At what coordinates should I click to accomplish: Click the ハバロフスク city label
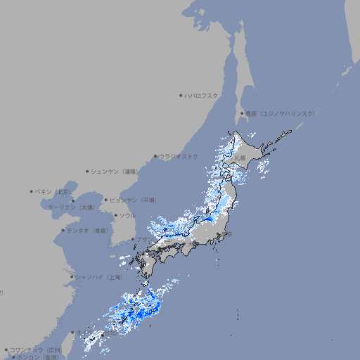(x=202, y=95)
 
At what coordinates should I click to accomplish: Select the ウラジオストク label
(x=179, y=156)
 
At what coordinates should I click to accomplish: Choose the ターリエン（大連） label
(x=71, y=207)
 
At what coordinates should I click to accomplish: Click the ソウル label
(x=128, y=215)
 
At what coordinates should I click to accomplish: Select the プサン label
(x=142, y=240)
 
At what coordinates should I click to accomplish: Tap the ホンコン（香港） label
(x=38, y=357)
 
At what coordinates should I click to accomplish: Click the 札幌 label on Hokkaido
(x=240, y=157)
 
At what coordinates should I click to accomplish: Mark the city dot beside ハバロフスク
(x=181, y=95)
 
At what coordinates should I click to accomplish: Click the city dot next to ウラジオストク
(x=155, y=157)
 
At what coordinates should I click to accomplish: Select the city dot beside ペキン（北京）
(x=32, y=191)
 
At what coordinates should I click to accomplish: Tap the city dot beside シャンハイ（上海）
(x=72, y=276)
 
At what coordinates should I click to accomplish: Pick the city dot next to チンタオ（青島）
(x=63, y=230)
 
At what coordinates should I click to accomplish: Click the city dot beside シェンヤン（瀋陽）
(x=87, y=171)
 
